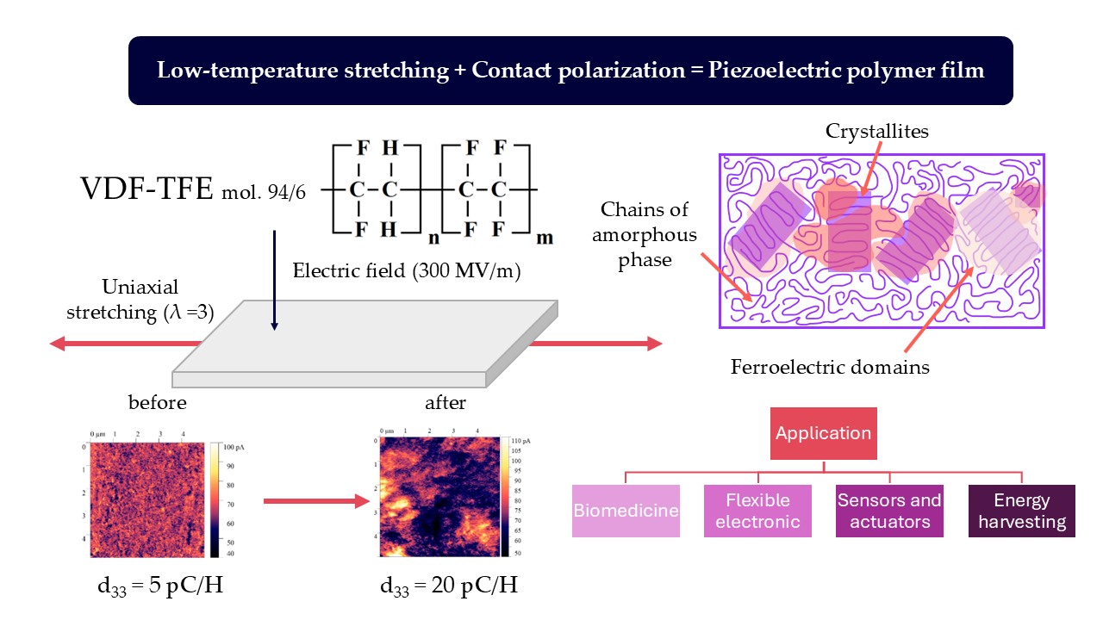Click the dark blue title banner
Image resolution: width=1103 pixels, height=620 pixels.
coord(570,71)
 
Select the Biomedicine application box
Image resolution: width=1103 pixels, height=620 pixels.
coord(626,511)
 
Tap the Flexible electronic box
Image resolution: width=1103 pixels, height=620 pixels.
coord(757,511)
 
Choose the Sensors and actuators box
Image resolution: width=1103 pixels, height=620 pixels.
coord(889,511)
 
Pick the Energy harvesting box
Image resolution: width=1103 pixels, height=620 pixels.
coord(1021,511)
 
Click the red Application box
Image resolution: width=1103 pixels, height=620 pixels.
coord(823,433)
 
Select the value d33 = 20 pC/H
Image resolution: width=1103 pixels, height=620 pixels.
coord(449,586)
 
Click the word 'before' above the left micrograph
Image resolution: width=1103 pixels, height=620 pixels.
coord(157,402)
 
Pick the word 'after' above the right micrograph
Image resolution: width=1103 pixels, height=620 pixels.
coord(446,402)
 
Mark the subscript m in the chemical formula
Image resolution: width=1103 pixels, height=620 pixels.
coord(545,238)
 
